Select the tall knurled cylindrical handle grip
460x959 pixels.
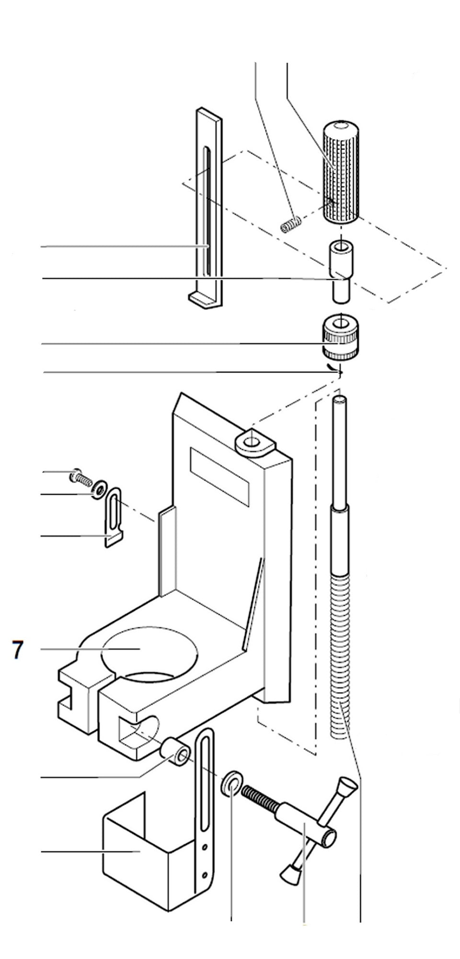point(340,171)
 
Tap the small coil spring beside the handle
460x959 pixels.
point(291,224)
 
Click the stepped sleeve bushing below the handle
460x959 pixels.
point(340,271)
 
